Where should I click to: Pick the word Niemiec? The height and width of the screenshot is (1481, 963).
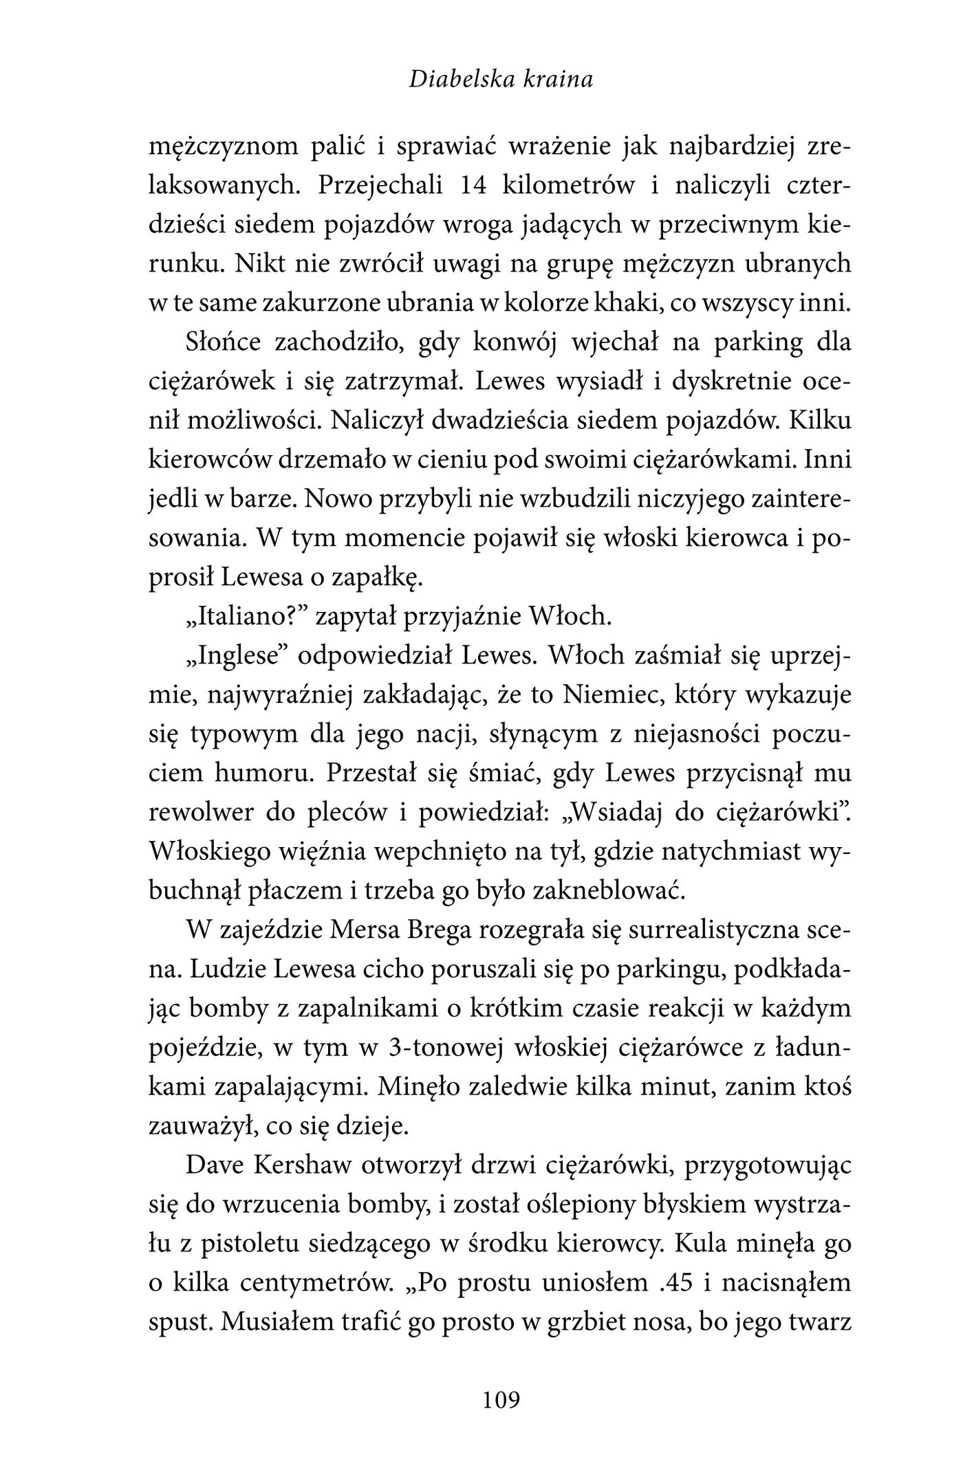[x=609, y=694]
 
